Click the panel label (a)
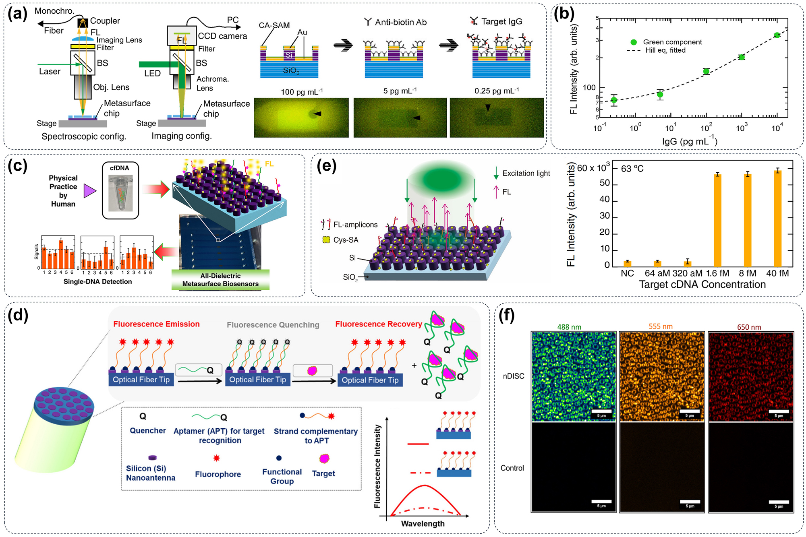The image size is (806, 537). point(17,14)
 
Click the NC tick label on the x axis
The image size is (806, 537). point(627,273)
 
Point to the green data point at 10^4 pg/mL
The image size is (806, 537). point(777,35)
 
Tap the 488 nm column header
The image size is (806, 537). point(569,327)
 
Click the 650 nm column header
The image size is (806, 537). point(749,327)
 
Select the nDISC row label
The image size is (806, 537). point(514,376)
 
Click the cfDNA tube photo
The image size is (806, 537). point(120,193)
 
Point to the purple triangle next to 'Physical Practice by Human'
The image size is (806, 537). point(89,191)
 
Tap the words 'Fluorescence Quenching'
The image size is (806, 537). point(273,325)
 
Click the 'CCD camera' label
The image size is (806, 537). point(222,36)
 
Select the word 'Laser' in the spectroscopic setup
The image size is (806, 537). point(50,72)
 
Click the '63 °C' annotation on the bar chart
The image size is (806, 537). point(632,169)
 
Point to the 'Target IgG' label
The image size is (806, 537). point(501,22)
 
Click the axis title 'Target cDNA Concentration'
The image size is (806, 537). point(702,285)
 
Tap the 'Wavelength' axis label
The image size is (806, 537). point(423,524)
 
